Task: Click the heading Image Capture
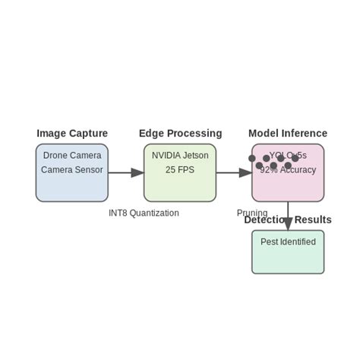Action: (72, 134)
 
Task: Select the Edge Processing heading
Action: (180, 134)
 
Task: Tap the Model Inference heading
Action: (288, 134)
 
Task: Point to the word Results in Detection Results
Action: (313, 220)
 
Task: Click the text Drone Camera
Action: (72, 156)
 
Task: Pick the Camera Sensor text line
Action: (72, 170)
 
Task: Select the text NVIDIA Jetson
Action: (180, 156)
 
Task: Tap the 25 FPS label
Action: (180, 170)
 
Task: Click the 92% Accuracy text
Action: (288, 170)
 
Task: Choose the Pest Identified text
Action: (288, 242)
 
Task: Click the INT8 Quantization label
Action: (144, 213)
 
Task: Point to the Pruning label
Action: (252, 213)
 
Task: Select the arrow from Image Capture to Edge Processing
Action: (125, 173)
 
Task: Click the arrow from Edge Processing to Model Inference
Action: (234, 173)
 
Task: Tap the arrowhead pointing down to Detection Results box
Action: (288, 223)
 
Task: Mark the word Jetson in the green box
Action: (195, 156)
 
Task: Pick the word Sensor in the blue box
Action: (88, 170)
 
